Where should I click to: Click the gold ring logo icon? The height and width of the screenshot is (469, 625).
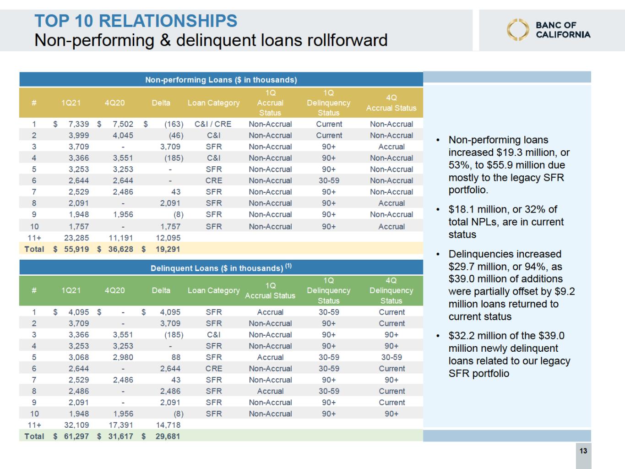coord(517,30)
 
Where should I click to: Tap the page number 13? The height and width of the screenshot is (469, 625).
coord(583,451)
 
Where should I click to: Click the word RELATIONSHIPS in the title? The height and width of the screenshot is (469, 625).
coord(168,21)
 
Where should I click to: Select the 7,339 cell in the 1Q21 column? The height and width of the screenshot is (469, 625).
coord(78,124)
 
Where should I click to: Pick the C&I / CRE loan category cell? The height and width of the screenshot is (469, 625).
coord(213,124)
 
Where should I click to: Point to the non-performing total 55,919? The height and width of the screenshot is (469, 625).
coord(76,249)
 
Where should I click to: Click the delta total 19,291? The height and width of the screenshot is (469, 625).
coord(168,249)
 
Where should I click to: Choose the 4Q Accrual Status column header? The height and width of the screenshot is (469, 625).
coord(391,103)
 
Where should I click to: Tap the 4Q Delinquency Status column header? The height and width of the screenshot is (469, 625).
coord(391,290)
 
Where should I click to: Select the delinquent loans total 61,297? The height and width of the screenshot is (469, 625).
coord(76,436)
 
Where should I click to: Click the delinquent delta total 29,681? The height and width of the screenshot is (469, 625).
coord(168,436)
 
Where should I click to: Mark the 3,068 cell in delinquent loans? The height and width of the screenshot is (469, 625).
coord(78,357)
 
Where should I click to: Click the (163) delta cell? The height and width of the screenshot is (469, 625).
coord(174,124)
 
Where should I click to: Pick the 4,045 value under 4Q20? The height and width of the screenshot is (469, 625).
coord(123,136)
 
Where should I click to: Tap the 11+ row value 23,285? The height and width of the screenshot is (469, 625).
coord(76,238)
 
